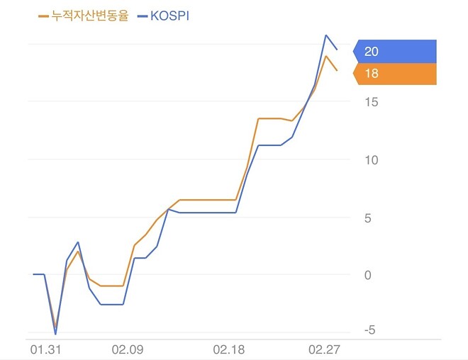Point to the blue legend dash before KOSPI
tap(141, 15)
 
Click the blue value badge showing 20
tap(395, 51)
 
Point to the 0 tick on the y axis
tap(368, 275)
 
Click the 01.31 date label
tap(44, 349)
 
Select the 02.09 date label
tap(128, 349)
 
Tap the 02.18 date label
tap(228, 349)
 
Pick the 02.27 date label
tap(325, 349)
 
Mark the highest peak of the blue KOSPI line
tap(326, 35)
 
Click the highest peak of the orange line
tap(326, 55)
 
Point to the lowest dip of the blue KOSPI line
tap(55, 333)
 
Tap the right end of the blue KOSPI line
tap(337, 49)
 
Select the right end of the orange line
tap(337, 70)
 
